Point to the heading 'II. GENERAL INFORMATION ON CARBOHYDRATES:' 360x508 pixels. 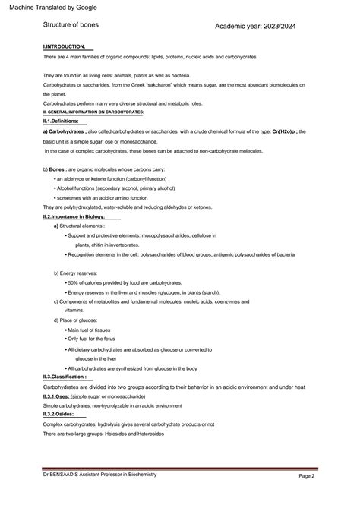pos(93,112)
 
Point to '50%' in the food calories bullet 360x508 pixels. pos(74,282)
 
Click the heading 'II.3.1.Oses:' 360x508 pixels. pos(57,396)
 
